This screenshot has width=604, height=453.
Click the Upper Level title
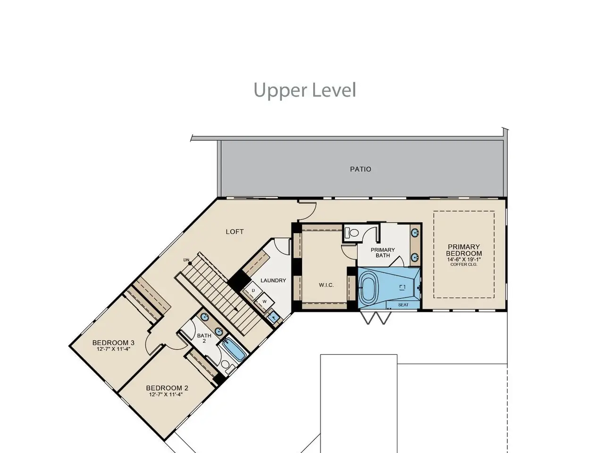coord(305,91)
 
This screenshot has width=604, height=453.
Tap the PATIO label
coord(361,169)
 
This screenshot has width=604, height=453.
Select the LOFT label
coord(235,232)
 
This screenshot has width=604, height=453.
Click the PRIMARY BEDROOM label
coord(464,250)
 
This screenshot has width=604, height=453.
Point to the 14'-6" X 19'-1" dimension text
coord(464,260)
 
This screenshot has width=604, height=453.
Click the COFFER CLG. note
coord(464,265)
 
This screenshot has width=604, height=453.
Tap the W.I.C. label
coord(327,285)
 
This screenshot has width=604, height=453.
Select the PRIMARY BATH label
coord(383,252)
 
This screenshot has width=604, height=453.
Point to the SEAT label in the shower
coord(403,305)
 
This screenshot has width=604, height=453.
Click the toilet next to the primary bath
coord(352,233)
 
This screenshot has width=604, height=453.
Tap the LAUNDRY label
coord(273,281)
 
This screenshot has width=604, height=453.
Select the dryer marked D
coord(253,291)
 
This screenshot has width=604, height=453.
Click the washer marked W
coord(264,302)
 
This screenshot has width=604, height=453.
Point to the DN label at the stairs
coord(186,260)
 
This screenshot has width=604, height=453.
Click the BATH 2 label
coord(204,338)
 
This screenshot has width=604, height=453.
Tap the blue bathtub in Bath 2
coord(234,350)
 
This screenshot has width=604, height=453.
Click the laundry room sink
coord(274,318)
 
